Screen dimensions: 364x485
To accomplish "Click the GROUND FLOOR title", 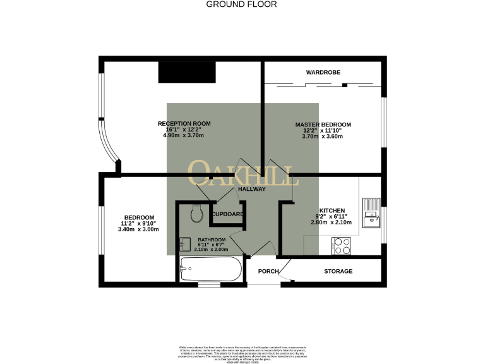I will (x=242, y=4).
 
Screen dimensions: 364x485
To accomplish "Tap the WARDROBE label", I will (x=323, y=73).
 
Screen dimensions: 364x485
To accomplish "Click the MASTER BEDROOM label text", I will (x=323, y=124).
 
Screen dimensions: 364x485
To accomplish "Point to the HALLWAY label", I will (x=251, y=189).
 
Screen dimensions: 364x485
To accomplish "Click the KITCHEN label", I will (x=332, y=210).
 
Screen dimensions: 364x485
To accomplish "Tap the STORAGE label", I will (x=338, y=271).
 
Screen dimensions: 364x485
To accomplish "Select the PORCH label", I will (x=268, y=271).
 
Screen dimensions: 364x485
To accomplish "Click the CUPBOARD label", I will (x=227, y=214).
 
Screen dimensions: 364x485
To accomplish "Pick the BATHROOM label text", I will (x=212, y=240).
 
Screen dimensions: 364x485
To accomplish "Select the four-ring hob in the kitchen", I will (x=342, y=245).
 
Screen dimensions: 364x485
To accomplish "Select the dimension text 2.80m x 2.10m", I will (x=332, y=222).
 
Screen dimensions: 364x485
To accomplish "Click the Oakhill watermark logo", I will (x=242, y=173).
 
